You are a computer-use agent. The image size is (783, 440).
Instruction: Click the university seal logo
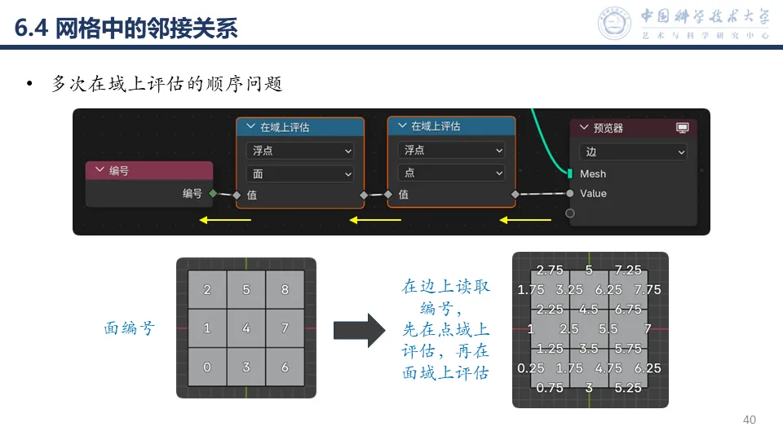click(614, 23)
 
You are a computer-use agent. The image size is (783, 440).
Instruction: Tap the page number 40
click(750, 420)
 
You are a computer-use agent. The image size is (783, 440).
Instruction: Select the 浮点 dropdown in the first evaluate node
click(299, 151)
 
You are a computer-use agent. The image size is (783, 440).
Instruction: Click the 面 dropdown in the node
click(299, 174)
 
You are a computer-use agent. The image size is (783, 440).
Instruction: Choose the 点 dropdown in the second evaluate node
click(451, 173)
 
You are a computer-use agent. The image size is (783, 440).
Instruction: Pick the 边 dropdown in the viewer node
click(633, 152)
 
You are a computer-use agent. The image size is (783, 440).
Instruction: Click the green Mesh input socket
click(569, 174)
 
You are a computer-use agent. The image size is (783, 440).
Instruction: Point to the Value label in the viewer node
click(593, 194)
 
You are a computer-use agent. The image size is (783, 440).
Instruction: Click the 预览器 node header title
click(608, 128)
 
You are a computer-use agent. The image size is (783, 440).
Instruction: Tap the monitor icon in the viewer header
click(683, 128)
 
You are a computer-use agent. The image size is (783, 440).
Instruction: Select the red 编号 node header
click(149, 171)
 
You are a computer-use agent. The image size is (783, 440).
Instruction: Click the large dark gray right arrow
click(358, 329)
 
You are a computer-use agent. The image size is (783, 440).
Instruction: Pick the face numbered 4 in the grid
click(246, 328)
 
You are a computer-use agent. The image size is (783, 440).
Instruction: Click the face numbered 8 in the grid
click(285, 289)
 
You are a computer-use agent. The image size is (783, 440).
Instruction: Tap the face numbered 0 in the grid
click(207, 367)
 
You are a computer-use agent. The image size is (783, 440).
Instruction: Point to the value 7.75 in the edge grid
click(648, 289)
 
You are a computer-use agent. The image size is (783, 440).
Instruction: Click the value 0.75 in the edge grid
click(551, 388)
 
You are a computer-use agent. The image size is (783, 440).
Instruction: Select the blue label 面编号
click(129, 328)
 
